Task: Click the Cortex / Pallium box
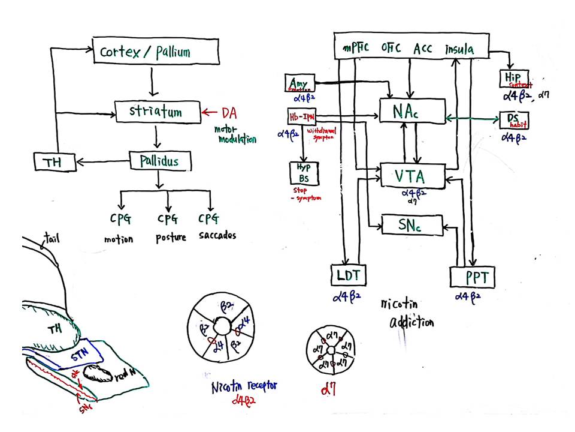click(154, 51)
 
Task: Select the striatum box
click(156, 112)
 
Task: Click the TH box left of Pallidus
click(56, 161)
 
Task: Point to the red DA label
click(229, 112)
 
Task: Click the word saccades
click(217, 235)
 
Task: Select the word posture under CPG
click(171, 237)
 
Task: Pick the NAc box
click(412, 110)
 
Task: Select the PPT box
click(473, 277)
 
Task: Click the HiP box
click(513, 79)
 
